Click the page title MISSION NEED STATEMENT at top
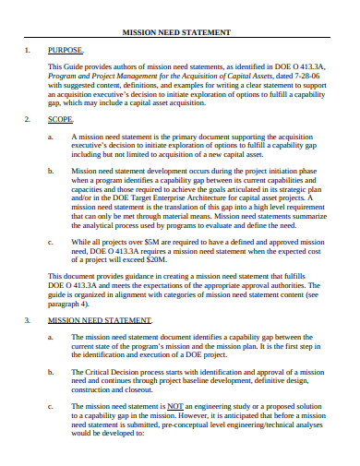click(176, 32)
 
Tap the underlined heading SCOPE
click(61, 120)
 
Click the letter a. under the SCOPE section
click(50, 136)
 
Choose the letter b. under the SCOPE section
click(50, 171)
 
